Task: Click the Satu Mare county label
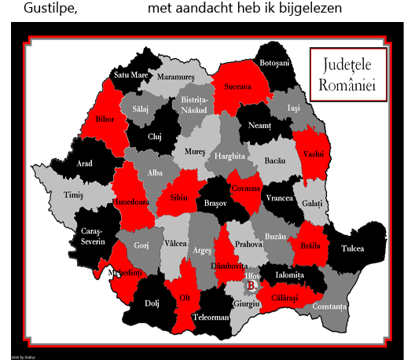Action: (130, 75)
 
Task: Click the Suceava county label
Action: (233, 87)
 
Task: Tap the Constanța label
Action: (329, 305)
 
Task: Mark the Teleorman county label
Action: (211, 318)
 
